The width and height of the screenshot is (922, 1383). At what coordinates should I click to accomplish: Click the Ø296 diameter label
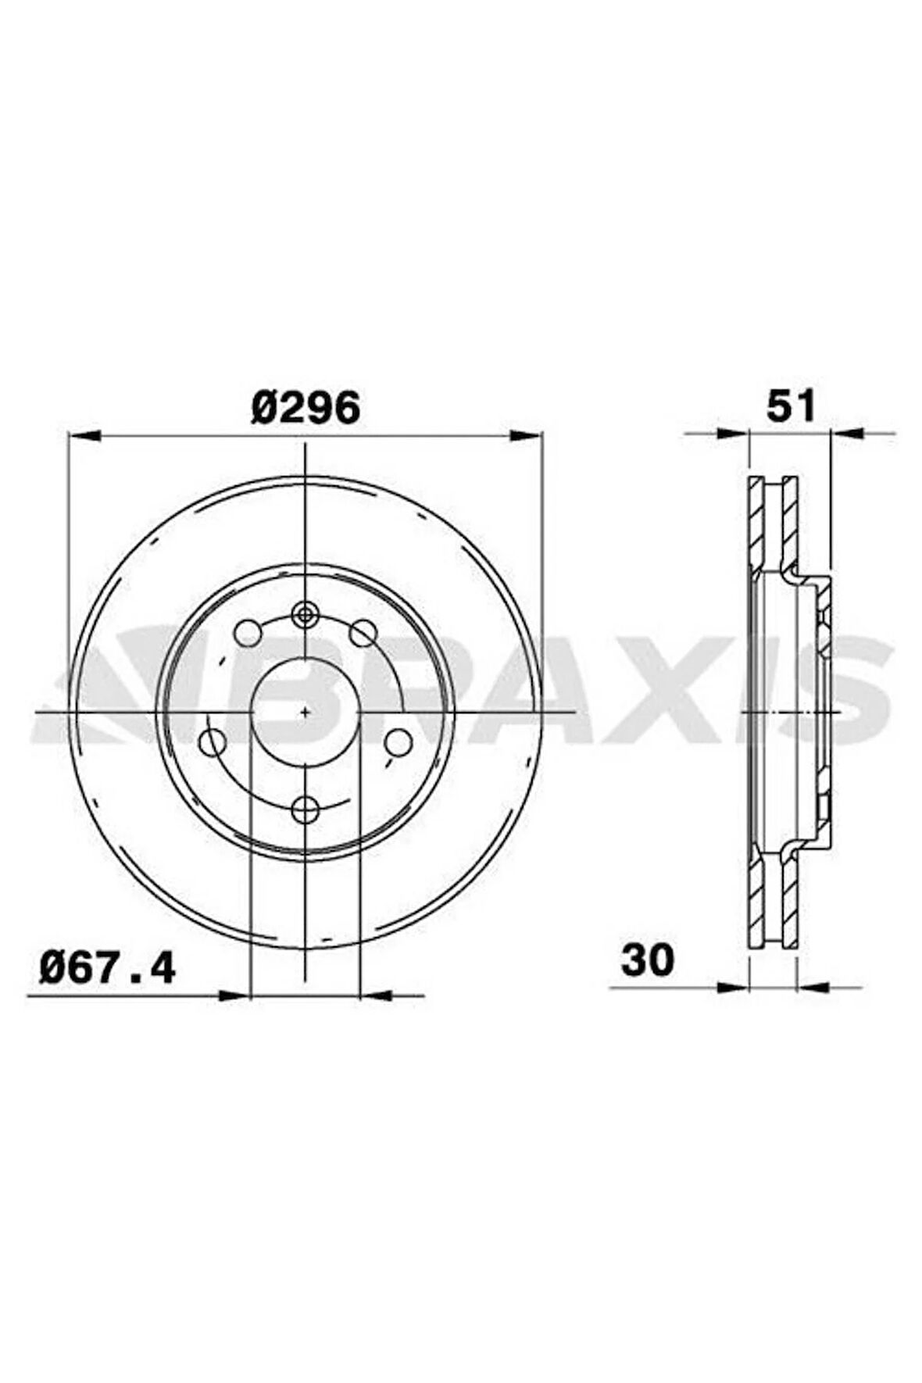(x=306, y=407)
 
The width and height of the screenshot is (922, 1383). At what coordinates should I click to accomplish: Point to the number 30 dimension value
(x=647, y=960)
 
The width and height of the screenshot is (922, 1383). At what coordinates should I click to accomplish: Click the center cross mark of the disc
(x=305, y=712)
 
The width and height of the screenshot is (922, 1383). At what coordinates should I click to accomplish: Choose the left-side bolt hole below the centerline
(x=213, y=742)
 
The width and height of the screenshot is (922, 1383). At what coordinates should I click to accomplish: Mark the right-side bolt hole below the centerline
(x=398, y=742)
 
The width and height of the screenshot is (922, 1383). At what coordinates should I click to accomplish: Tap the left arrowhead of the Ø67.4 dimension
(x=234, y=995)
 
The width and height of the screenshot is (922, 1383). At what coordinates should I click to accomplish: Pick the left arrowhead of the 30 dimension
(x=733, y=986)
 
